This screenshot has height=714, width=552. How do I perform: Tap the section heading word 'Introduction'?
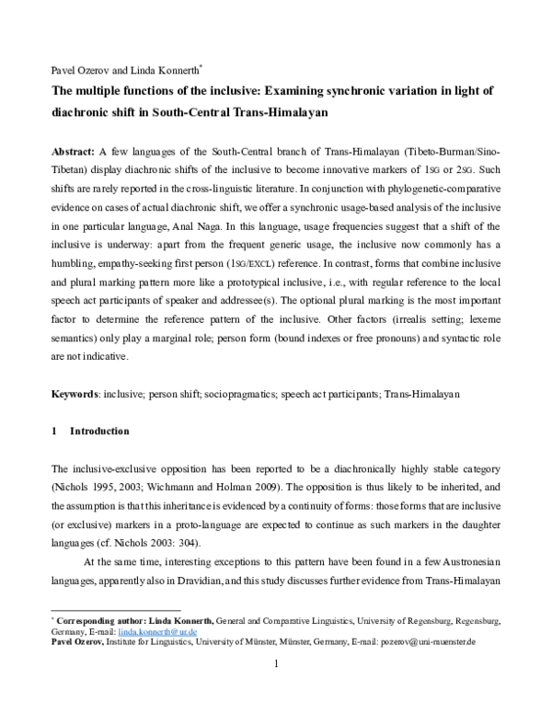click(99, 432)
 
